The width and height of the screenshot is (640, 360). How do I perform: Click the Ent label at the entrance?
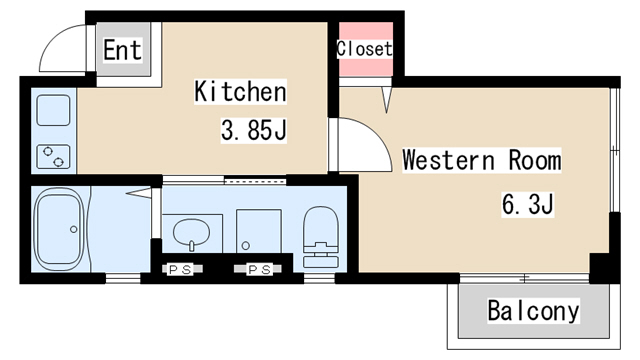tap(122, 50)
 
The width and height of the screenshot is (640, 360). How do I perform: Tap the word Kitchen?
tap(240, 91)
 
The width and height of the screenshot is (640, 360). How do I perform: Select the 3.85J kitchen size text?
tap(253, 130)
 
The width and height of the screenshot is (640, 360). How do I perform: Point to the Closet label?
tap(364, 49)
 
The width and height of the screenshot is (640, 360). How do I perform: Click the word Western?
tap(448, 160)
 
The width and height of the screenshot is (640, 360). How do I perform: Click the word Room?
tap(535, 160)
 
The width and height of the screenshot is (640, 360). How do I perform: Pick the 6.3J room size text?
tap(527, 204)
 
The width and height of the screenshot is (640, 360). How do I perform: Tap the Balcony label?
tap(533, 311)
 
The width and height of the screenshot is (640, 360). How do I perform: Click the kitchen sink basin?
tap(53, 110)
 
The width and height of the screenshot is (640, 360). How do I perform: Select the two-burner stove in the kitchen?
tap(53, 157)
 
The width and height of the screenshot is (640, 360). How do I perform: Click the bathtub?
tap(60, 229)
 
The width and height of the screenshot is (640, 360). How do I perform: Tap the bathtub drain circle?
tap(73, 229)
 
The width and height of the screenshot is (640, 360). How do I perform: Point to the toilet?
tap(321, 237)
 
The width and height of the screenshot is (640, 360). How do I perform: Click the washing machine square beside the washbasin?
tap(259, 231)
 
